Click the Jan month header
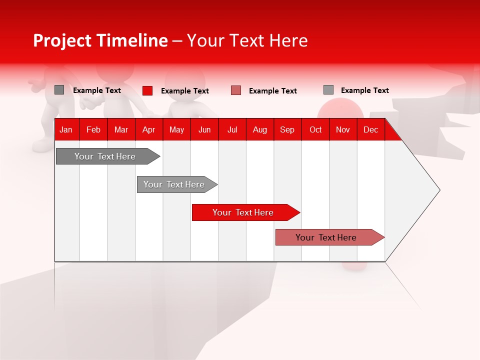coord(66,129)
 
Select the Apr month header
coord(149,129)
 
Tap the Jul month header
coord(232,129)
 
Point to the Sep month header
coord(287,129)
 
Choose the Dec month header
coord(371,129)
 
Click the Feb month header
coord(93,129)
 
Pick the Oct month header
coord(315,129)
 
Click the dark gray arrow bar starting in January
coord(105,156)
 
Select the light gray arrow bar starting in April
coord(174,184)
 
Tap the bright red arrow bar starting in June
coord(243,212)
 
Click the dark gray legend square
coord(59,90)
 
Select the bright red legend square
coord(147,90)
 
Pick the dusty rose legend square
coord(236,90)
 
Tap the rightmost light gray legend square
coord(328,90)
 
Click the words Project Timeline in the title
coord(100,40)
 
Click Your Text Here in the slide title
coord(247,40)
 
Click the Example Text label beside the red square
coord(185,91)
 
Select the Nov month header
coord(343,129)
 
